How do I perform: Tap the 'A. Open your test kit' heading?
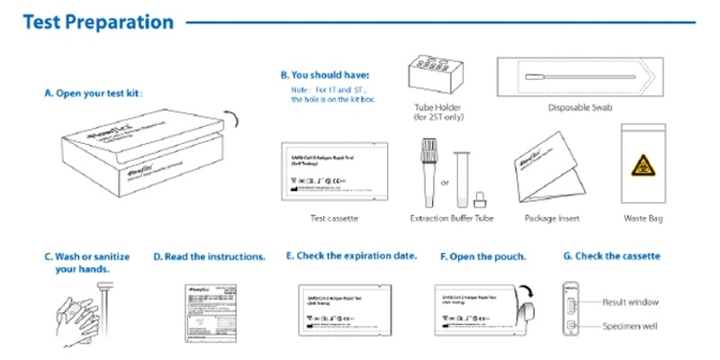[94, 93]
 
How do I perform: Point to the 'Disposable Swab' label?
[580, 108]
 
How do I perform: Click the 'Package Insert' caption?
[552, 219]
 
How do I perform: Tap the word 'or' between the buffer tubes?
[444, 182]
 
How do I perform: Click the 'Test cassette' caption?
[330, 219]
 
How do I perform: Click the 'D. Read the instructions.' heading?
[209, 256]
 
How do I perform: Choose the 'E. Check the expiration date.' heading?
[351, 256]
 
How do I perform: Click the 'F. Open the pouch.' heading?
[482, 256]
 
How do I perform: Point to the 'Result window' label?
[630, 302]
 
